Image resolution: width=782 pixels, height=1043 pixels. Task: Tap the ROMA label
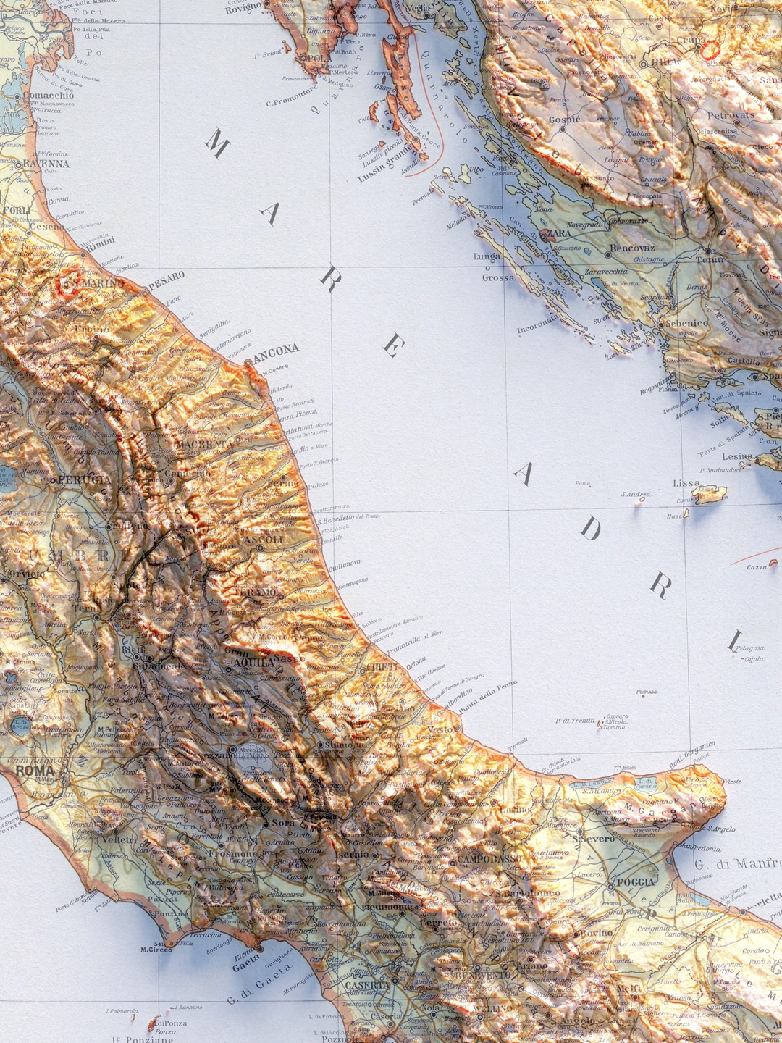coord(35,771)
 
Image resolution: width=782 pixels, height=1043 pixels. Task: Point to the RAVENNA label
coord(47,164)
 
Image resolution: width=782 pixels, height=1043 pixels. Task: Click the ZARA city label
coord(558,234)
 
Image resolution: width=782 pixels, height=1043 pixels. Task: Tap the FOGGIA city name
coord(636,882)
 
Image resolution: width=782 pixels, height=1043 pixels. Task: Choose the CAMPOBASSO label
coord(489,860)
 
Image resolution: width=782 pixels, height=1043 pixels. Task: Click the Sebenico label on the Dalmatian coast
coord(686,323)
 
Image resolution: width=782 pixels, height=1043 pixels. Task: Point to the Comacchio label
coord(49,95)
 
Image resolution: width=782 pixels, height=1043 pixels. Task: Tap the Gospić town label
coord(565,120)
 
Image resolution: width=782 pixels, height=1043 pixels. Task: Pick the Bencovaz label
coord(632,248)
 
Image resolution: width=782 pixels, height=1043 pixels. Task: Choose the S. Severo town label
coord(594,839)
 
